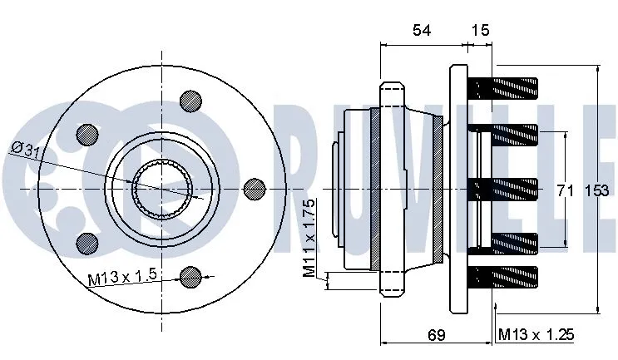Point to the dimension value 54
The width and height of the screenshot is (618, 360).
(x=422, y=31)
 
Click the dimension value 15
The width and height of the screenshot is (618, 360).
(x=480, y=31)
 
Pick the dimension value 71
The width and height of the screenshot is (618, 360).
(x=566, y=190)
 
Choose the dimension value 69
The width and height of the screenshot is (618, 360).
(x=436, y=335)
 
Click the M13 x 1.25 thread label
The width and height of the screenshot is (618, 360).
(x=536, y=335)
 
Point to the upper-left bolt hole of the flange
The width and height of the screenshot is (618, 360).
(x=86, y=134)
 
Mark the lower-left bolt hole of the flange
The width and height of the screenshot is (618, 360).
(x=86, y=244)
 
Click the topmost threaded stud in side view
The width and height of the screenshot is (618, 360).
(x=506, y=86)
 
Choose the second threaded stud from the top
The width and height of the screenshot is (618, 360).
(x=506, y=133)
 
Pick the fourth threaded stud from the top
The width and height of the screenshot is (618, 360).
(x=506, y=243)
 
